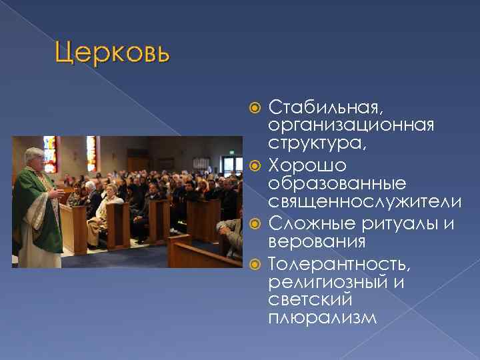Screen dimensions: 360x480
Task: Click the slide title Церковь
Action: [x=112, y=51]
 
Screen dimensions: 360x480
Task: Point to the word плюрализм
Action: [x=322, y=319]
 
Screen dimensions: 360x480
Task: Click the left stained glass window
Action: [x=49, y=153]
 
